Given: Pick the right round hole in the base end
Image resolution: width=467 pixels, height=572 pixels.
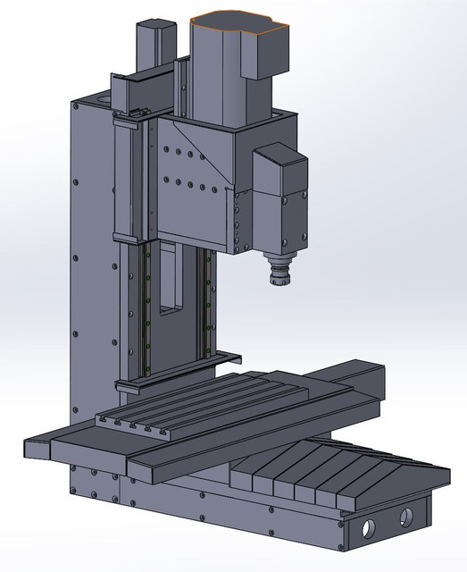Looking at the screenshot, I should (x=406, y=515).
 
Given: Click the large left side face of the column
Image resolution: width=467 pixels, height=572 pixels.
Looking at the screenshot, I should (x=94, y=268).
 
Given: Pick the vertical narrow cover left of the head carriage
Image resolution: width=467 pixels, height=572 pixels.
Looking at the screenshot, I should (x=124, y=179).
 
